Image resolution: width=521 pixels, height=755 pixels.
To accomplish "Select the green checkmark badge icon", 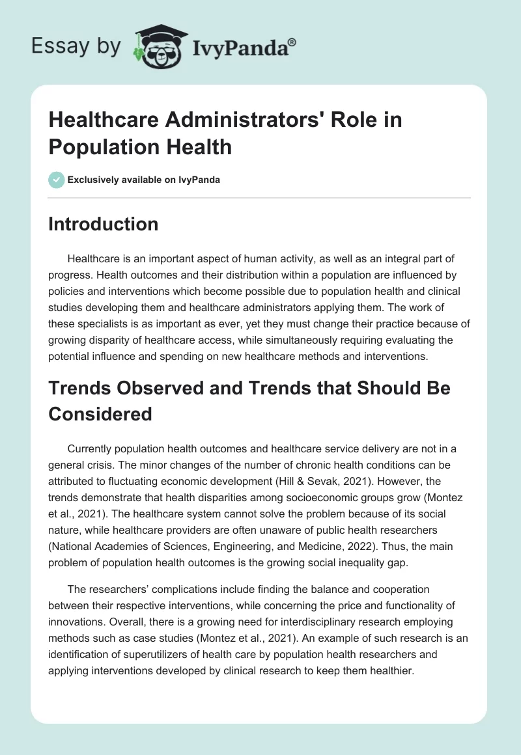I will (x=56, y=180).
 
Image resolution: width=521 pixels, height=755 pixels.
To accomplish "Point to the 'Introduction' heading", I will (x=104, y=224).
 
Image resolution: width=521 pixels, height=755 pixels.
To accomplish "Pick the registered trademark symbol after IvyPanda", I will (x=292, y=42).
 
